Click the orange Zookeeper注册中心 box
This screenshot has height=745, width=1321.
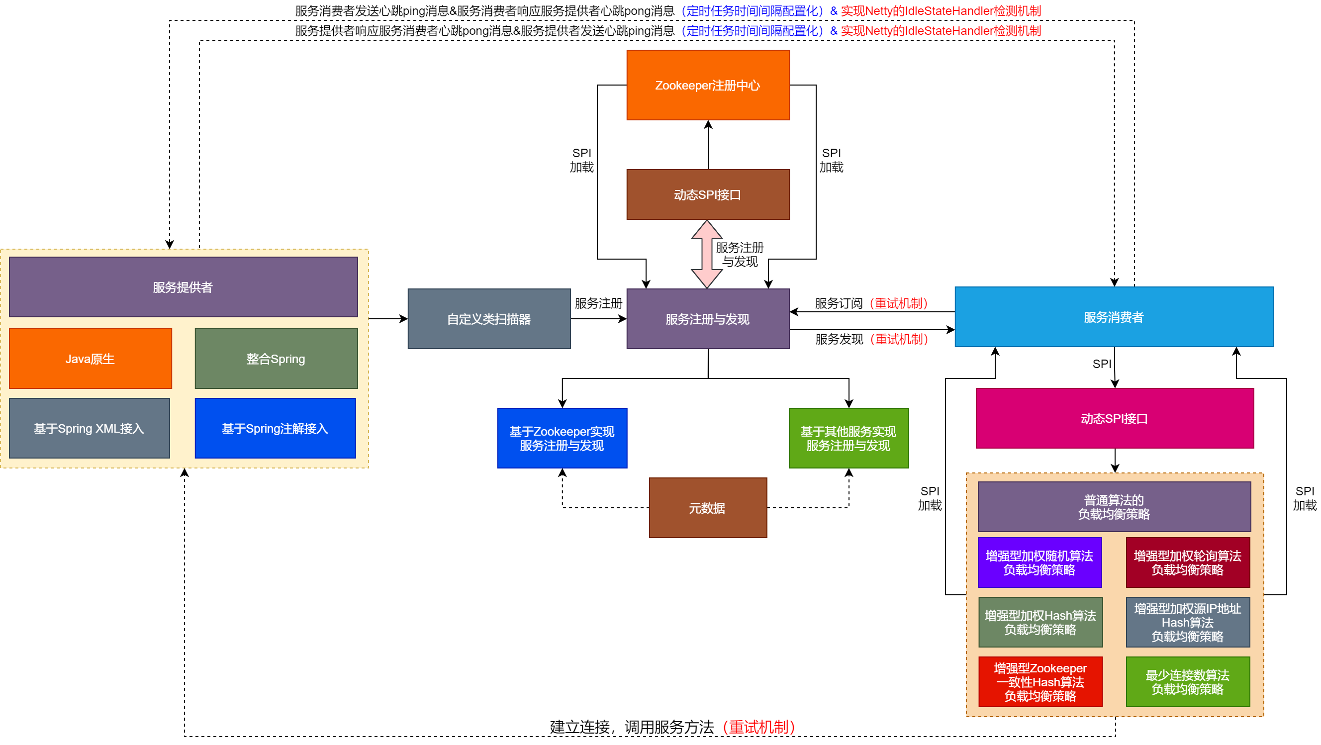pyautogui.click(x=708, y=85)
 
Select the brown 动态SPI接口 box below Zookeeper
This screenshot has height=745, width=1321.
pyautogui.click(x=708, y=195)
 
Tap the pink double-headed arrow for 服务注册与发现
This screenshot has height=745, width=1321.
pyautogui.click(x=707, y=254)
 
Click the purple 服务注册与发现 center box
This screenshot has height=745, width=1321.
pyautogui.click(x=708, y=319)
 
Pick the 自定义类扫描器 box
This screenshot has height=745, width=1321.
pyautogui.click(x=489, y=319)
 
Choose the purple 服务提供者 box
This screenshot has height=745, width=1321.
pyautogui.click(x=183, y=287)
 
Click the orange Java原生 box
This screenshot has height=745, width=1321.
pyautogui.click(x=90, y=359)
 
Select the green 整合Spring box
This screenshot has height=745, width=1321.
pyautogui.click(x=276, y=359)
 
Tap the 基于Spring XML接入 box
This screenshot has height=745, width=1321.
pyautogui.click(x=89, y=428)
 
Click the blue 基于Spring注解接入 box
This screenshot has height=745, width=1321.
pyautogui.click(x=276, y=428)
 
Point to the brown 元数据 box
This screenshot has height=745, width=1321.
pyautogui.click(x=708, y=508)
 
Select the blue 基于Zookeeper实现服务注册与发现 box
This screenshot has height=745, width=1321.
pyautogui.click(x=562, y=438)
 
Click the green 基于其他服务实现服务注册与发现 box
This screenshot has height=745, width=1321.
pyautogui.click(x=849, y=438)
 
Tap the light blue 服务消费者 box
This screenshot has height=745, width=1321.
pyautogui.click(x=1114, y=317)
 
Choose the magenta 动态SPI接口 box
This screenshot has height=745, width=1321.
pyautogui.click(x=1114, y=418)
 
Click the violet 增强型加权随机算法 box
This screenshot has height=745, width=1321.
pyautogui.click(x=1039, y=562)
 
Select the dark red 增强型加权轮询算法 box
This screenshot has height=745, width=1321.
pyautogui.click(x=1188, y=562)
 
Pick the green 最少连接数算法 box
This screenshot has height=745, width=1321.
pyautogui.click(x=1188, y=682)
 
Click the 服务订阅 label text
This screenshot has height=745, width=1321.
pyautogui.click(x=839, y=303)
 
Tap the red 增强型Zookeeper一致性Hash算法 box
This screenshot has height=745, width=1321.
pyautogui.click(x=1040, y=682)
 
